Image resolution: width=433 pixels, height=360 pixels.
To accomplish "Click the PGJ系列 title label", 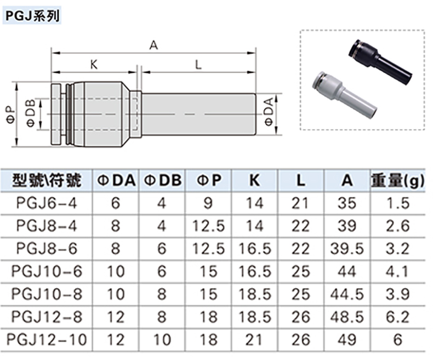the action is click(x=32, y=16).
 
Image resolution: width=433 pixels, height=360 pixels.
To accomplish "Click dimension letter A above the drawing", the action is click(x=153, y=45).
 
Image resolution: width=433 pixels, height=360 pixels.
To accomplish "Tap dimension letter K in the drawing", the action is click(x=94, y=65).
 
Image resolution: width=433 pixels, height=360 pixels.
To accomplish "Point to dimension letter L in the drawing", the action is click(x=198, y=65).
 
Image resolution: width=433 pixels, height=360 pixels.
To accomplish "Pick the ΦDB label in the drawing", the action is click(x=31, y=113).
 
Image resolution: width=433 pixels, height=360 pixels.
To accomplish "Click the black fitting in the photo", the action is click(x=380, y=59).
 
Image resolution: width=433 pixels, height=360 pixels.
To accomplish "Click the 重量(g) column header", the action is click(x=398, y=181).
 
